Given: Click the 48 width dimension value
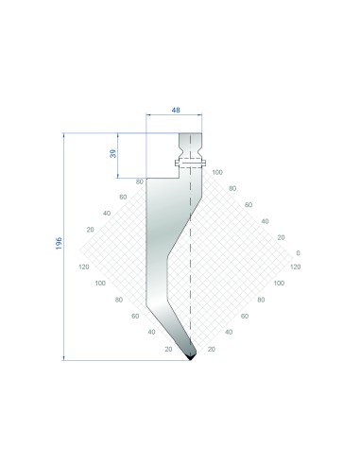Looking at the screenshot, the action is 176,110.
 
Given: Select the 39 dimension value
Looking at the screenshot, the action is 112,153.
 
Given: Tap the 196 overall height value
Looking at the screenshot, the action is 59,244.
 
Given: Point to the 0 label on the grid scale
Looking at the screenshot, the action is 298,253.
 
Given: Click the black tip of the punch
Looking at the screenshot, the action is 190,357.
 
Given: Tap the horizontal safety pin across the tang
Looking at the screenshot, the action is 191,163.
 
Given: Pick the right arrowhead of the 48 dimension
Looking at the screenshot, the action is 199,115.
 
